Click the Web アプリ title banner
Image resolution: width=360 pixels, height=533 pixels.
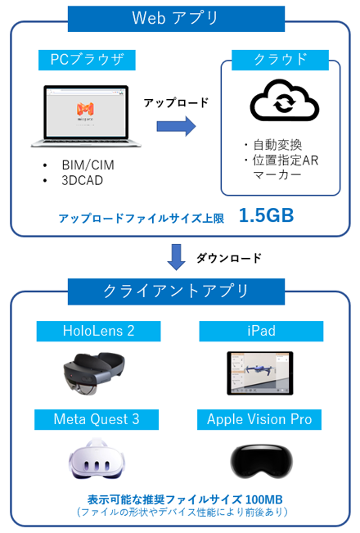pyautogui.click(x=176, y=19)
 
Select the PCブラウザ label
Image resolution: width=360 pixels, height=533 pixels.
pyautogui.click(x=87, y=60)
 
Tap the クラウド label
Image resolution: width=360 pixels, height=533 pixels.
pyautogui.click(x=280, y=60)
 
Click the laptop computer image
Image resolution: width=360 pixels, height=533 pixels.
pyautogui.click(x=86, y=116)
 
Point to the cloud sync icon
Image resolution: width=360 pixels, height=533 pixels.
pyautogui.click(x=285, y=101)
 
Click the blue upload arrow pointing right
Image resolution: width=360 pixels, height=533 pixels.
pyautogui.click(x=176, y=126)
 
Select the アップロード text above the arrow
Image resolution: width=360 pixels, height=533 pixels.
pyautogui.click(x=176, y=102)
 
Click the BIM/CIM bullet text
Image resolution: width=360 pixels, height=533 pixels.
pyautogui.click(x=88, y=165)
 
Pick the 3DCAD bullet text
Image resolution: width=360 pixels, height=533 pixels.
pyautogui.click(x=82, y=180)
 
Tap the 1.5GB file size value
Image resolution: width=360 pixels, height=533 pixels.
pyautogui.click(x=266, y=215)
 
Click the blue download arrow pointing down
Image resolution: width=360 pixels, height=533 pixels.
pyautogui.click(x=176, y=257)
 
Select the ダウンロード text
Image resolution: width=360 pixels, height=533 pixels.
pyautogui.click(x=229, y=258)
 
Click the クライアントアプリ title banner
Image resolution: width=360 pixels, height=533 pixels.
pyautogui.click(x=176, y=291)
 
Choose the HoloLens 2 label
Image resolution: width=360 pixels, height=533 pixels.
pyautogui.click(x=98, y=331)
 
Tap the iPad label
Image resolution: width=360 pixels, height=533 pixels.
pyautogui.click(x=261, y=331)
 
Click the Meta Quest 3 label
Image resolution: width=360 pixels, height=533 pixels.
pyautogui.click(x=97, y=419)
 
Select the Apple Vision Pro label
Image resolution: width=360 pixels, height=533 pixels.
pyautogui.click(x=259, y=419)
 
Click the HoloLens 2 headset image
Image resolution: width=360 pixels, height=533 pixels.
pyautogui.click(x=94, y=373)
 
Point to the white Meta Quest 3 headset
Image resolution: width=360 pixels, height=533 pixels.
pyautogui.click(x=97, y=458)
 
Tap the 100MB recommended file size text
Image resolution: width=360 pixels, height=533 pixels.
pyautogui.click(x=264, y=499)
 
